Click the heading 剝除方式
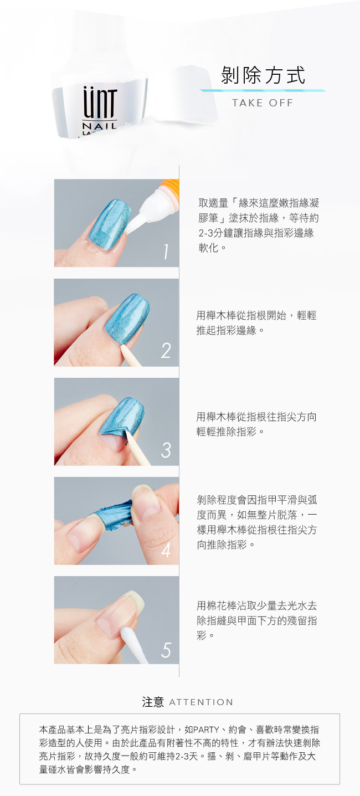click(263, 75)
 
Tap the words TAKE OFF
click(263, 103)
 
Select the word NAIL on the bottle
click(100, 126)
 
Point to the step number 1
click(166, 251)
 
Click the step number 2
click(166, 351)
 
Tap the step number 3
click(166, 450)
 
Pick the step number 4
click(166, 550)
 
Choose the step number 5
click(166, 650)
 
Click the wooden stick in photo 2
click(131, 356)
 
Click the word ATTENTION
click(201, 702)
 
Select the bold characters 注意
click(153, 702)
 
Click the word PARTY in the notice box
click(206, 730)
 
